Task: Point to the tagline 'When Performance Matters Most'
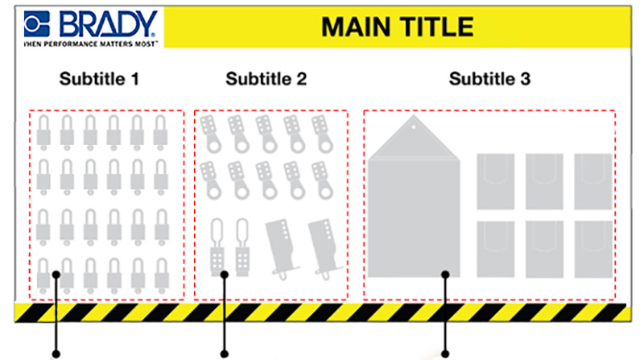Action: (80, 39)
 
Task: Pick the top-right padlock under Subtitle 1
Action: (162, 130)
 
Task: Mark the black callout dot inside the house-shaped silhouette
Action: (446, 275)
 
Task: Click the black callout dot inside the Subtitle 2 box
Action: (225, 275)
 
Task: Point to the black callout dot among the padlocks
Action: (56, 275)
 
